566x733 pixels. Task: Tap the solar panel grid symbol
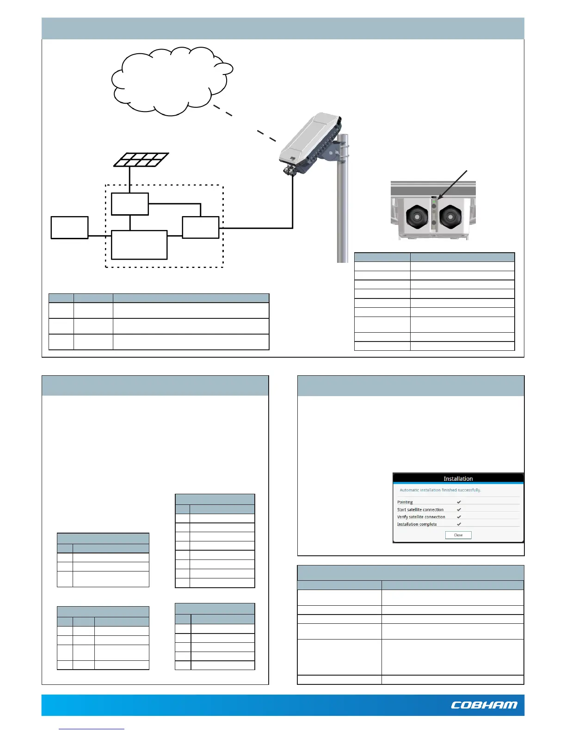click(141, 160)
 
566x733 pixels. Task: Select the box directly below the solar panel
click(130, 204)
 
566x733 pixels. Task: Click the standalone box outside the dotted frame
click(69, 227)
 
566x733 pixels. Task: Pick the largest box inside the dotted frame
click(139, 245)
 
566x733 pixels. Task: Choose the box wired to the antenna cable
click(201, 227)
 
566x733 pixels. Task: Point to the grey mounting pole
click(343, 208)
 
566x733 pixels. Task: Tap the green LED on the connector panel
click(434, 205)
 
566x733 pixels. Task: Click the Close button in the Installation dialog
click(458, 535)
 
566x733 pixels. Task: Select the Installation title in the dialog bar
click(458, 478)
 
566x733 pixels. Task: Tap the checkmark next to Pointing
click(459, 502)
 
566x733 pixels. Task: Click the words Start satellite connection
click(420, 509)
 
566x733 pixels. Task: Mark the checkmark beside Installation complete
click(459, 524)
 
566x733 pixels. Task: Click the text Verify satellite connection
click(421, 517)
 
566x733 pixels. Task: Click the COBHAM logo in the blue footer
click(484, 705)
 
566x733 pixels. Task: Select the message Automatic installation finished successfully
click(440, 490)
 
